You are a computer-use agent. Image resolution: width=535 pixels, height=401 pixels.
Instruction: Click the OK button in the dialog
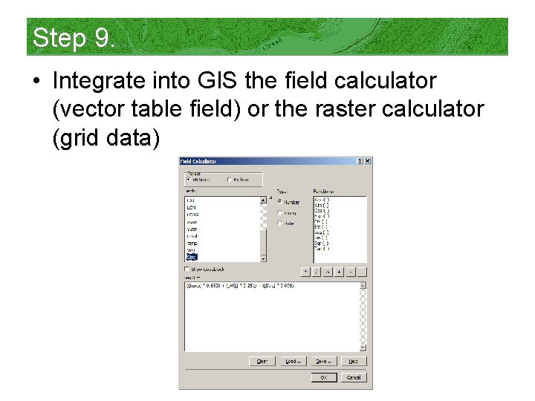(x=323, y=377)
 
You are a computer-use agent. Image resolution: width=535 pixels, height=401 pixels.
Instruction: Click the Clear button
(x=262, y=362)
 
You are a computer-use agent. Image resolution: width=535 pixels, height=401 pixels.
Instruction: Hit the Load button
(x=292, y=362)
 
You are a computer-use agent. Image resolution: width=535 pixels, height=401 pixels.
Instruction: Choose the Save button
(x=323, y=362)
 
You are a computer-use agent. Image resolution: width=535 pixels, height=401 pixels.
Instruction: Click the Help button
(x=354, y=362)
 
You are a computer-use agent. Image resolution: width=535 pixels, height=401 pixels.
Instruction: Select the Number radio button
(x=279, y=201)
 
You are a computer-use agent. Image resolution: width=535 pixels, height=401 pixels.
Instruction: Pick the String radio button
(x=279, y=212)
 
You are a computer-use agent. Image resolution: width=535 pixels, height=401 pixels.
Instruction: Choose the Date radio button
(x=279, y=223)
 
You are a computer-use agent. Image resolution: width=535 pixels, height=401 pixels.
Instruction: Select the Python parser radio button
(x=230, y=179)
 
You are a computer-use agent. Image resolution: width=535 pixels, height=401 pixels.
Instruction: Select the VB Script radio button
(x=188, y=179)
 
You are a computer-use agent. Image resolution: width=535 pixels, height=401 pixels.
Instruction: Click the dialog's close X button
(x=367, y=161)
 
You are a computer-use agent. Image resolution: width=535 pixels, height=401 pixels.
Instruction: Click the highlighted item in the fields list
(x=192, y=257)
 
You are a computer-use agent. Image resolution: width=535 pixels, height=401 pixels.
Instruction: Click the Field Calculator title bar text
(x=198, y=161)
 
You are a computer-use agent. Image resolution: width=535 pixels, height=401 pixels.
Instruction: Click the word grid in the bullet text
(x=80, y=139)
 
